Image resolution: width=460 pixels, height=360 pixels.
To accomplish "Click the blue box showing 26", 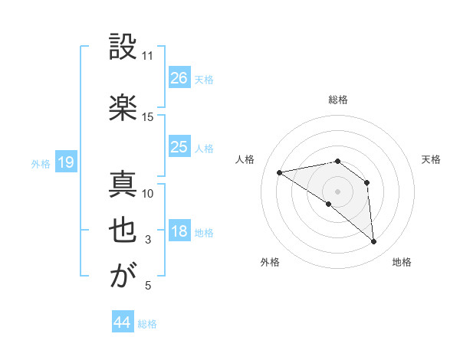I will click(x=179, y=77).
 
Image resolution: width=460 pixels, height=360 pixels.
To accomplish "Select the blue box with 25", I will click(x=179, y=146).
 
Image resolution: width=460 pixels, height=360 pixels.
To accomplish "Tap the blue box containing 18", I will click(x=179, y=231).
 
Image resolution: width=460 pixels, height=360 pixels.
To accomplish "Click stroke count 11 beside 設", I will click(x=148, y=56).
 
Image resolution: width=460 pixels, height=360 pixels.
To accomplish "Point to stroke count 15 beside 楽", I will click(x=148, y=116).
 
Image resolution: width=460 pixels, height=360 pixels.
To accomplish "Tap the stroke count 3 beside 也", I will click(x=148, y=241).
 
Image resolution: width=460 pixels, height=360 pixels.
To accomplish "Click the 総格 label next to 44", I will click(x=147, y=324).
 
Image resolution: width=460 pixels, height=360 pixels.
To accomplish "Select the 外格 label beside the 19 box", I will click(x=40, y=163).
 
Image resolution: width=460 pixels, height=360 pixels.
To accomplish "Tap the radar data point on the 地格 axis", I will click(x=374, y=242).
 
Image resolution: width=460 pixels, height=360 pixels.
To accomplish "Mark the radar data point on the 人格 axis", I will click(x=280, y=172).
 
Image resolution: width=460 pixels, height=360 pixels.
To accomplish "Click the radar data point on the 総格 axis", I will click(x=337, y=161).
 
